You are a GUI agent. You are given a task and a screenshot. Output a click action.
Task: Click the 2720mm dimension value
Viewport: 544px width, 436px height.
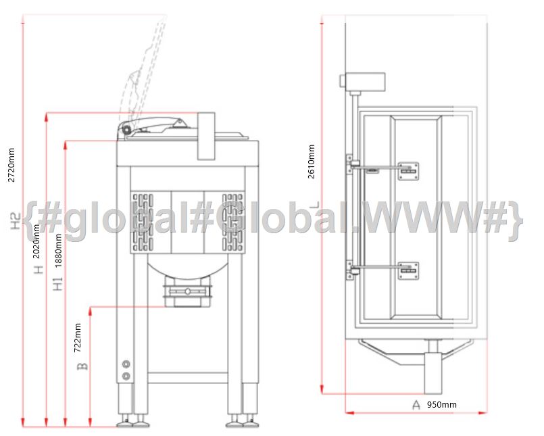[x=11, y=165]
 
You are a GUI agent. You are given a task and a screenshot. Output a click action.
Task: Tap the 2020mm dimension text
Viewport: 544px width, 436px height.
[x=36, y=241]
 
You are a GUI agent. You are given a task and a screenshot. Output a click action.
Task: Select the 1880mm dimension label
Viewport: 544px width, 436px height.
[x=58, y=250]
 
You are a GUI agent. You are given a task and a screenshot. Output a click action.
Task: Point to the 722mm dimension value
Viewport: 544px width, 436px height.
[x=78, y=338]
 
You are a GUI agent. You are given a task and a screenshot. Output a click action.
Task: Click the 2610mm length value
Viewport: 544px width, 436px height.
[x=312, y=162]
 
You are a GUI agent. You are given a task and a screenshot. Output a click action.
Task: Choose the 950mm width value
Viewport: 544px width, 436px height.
[x=442, y=405]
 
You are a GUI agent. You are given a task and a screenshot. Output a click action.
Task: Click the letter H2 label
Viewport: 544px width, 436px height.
[x=16, y=221]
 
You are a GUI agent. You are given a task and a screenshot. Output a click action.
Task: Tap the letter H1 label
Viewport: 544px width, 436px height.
[x=58, y=283]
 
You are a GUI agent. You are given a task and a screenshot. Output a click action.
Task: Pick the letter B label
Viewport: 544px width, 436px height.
[x=82, y=366]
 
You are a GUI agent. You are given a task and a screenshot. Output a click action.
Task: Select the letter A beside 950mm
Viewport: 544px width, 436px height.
[x=416, y=405]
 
